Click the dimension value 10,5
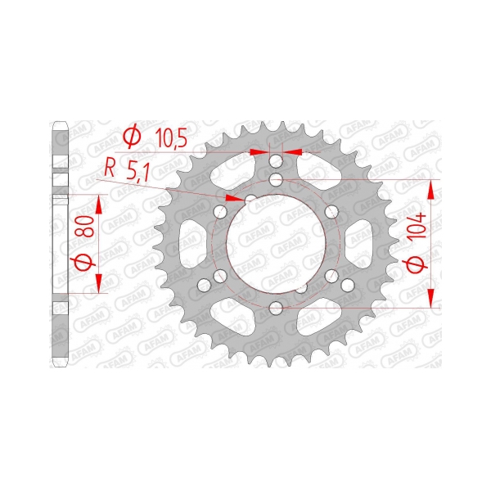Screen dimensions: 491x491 tap(172, 138)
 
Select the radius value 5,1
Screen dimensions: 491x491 tap(138, 173)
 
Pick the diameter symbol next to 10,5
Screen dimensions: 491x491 tap(132, 136)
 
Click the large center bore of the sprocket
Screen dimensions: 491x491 tap(276, 243)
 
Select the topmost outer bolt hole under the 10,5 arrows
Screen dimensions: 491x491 tap(276, 161)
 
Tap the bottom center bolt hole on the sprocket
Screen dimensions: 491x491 tap(276, 308)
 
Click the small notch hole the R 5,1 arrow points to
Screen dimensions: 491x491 tap(251, 199)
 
